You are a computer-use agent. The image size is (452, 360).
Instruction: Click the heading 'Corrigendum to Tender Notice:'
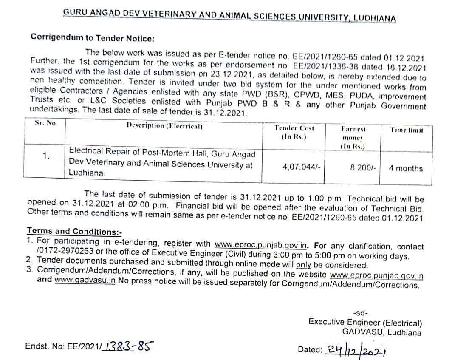coord(92,37)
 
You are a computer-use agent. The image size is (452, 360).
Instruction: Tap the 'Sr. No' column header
coord(45,124)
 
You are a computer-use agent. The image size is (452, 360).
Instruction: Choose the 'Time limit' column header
coord(407,130)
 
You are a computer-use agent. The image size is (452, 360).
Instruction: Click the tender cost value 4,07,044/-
coord(301,167)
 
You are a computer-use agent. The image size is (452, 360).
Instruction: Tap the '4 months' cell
coord(406,168)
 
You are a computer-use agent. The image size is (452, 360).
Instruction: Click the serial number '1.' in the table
coord(46,156)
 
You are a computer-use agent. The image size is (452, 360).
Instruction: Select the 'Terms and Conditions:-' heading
coord(74,231)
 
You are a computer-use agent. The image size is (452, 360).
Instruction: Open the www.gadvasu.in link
coord(85,281)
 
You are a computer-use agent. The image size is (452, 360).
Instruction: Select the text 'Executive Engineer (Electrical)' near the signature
coord(365,323)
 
